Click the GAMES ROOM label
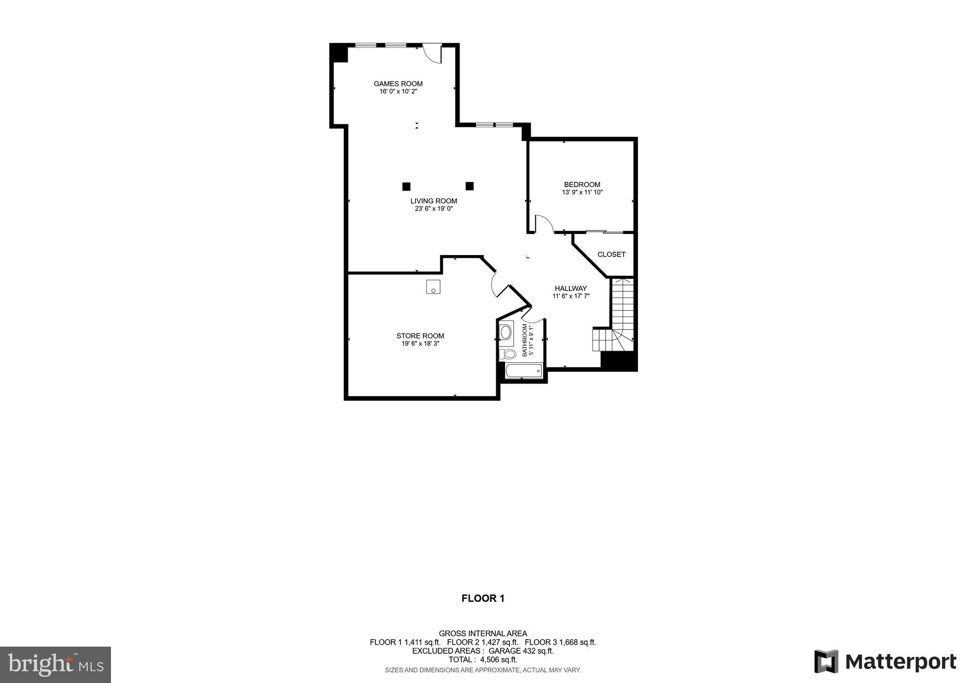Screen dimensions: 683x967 point(398,84)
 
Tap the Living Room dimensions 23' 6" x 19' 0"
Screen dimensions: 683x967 point(433,208)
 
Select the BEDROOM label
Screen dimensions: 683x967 point(582,185)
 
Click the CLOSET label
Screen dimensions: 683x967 point(611,255)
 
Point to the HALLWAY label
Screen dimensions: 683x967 point(570,288)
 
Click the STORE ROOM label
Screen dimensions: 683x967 point(420,336)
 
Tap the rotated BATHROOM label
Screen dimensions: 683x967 point(525,340)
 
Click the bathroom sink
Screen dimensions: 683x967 point(506,332)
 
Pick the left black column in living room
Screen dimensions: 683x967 point(406,187)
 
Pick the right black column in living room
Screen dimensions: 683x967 point(469,186)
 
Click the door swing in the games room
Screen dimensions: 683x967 point(432,53)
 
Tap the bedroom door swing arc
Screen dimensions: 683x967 point(543,223)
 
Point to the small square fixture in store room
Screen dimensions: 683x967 point(433,287)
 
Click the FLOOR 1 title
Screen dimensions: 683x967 point(483,598)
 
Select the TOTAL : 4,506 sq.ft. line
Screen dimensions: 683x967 point(483,660)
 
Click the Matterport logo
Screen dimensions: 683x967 point(885,662)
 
